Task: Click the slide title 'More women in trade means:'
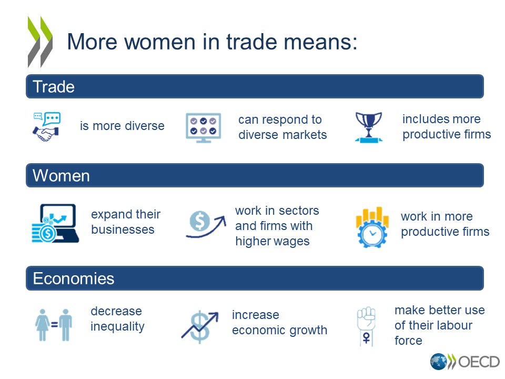pos(212,43)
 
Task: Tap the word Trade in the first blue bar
pos(54,87)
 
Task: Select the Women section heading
pos(61,176)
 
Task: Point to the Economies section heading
pos(73,278)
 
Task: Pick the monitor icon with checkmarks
pos(203,127)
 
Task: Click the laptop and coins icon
pos(54,223)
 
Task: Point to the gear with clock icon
pos(372,227)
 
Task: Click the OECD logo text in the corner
pos(479,362)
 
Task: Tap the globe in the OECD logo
pos(438,362)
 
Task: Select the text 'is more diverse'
pos(122,126)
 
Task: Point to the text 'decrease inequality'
pos(117,318)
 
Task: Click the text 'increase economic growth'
pos(279,323)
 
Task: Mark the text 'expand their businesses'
pos(126,222)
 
